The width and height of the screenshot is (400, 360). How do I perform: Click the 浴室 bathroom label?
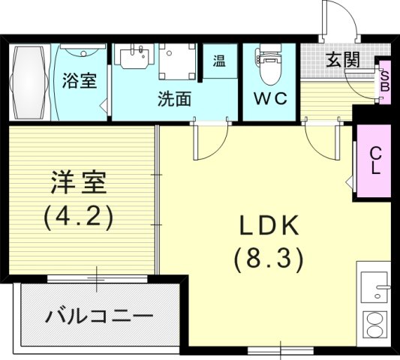(79, 80)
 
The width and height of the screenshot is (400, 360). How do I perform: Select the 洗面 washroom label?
(174, 98)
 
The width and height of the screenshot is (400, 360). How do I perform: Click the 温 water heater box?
(221, 59)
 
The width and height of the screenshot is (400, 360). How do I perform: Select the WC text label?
(271, 99)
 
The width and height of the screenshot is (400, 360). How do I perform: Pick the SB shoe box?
(384, 80)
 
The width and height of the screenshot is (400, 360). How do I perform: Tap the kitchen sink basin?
(373, 285)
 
